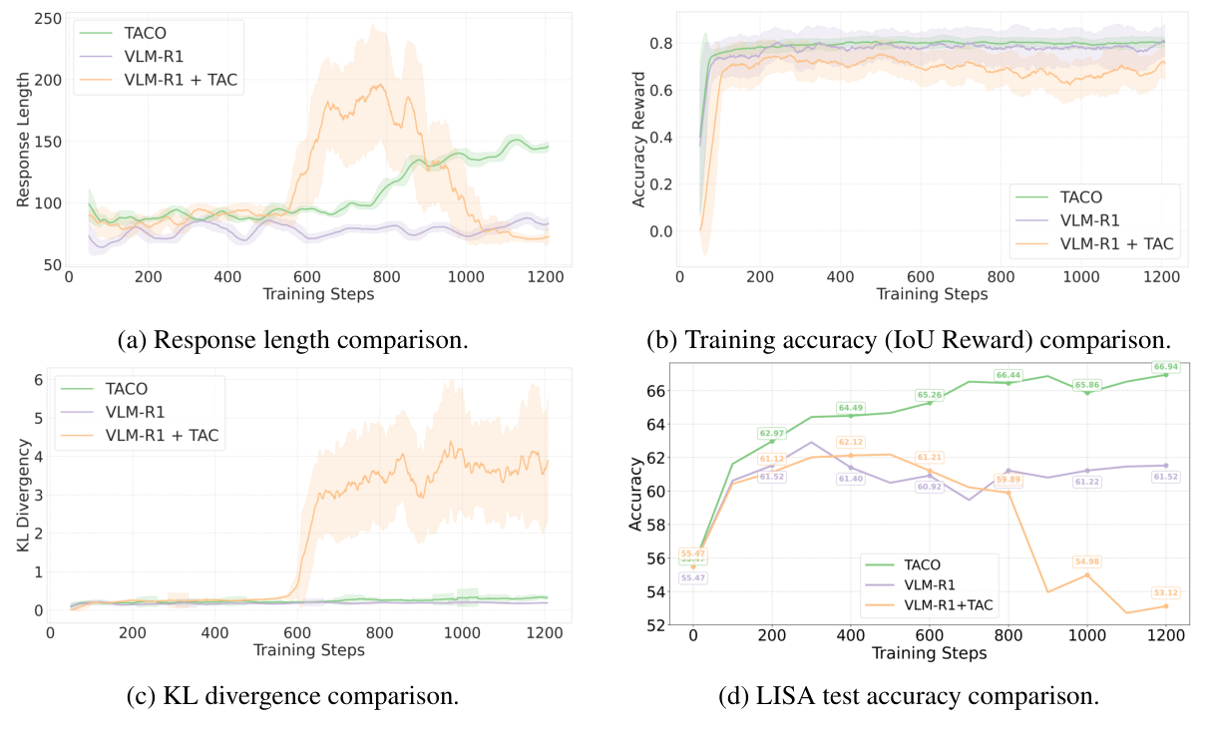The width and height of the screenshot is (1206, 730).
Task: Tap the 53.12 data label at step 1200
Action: coord(1165,593)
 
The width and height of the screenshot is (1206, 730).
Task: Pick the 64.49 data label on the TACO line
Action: coord(850,407)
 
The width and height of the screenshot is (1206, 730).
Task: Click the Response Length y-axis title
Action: coord(24,140)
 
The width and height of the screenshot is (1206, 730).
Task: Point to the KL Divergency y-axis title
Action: coord(24,497)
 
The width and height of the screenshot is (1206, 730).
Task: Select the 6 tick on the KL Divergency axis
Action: coord(37,380)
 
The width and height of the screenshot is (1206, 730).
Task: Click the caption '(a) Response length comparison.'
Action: coord(292,340)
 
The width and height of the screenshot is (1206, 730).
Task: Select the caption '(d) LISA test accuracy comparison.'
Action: coord(908,696)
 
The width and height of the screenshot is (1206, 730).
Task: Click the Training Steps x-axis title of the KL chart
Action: coord(308,651)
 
